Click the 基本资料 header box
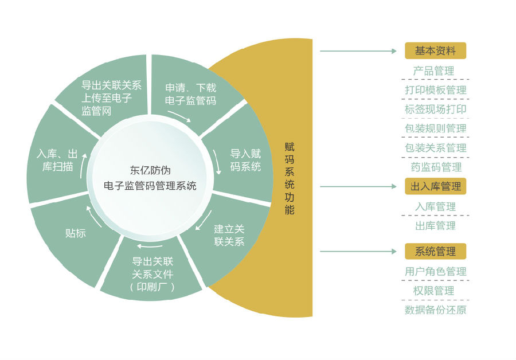tap(435, 51)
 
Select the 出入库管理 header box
tap(435, 186)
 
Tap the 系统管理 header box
tap(435, 251)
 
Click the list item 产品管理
tap(433, 71)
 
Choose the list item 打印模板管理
tap(435, 90)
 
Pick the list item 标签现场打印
tap(435, 109)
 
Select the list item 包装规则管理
tap(435, 128)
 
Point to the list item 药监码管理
tap(436, 167)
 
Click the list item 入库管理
tap(435, 206)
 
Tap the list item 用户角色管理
tap(435, 271)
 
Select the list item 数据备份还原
tap(435, 310)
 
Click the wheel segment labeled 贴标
tap(76, 233)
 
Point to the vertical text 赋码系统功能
tap(290, 178)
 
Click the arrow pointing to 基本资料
tap(358, 51)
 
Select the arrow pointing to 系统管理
tap(358, 251)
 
